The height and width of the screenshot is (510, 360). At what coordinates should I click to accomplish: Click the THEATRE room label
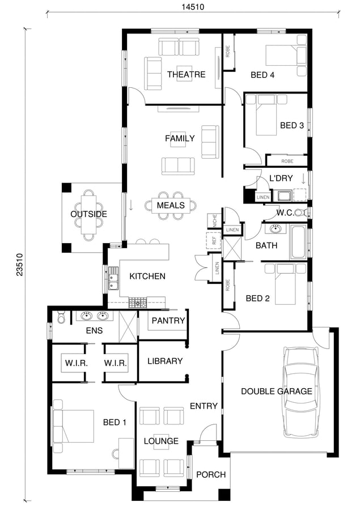click(x=186, y=74)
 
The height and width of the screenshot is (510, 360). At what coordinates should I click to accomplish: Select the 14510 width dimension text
click(x=193, y=7)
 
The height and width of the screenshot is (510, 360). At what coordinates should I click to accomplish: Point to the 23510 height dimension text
click(x=19, y=265)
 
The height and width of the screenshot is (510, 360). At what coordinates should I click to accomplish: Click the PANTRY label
click(x=168, y=321)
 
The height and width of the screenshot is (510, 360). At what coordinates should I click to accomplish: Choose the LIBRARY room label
click(x=165, y=361)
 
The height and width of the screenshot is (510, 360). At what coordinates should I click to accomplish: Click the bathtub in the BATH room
click(x=298, y=242)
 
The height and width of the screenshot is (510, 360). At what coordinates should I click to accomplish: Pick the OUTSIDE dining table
click(x=89, y=214)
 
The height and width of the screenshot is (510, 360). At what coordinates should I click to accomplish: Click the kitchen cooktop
click(x=138, y=303)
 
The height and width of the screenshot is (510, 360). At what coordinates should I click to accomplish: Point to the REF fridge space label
click(x=214, y=240)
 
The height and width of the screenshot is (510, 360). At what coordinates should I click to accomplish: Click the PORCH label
click(x=210, y=474)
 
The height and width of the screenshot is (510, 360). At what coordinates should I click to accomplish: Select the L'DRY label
click(x=281, y=178)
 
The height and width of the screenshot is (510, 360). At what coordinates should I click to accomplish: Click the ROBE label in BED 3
click(x=287, y=161)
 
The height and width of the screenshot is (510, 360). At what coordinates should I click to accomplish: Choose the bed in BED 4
click(x=286, y=55)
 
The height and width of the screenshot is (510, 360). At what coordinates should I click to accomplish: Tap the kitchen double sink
click(x=113, y=278)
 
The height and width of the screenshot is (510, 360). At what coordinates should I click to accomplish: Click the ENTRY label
click(x=204, y=406)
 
